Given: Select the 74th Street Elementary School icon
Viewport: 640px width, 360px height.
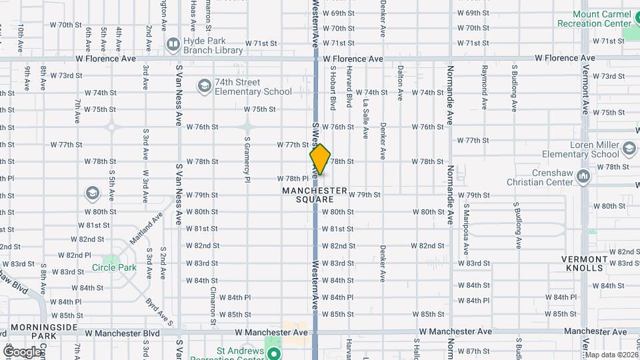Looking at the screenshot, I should click(204, 86).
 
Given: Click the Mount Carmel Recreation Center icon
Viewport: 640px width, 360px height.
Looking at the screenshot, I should click(627, 17).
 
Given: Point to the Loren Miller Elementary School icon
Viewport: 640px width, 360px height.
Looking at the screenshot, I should click(627, 147).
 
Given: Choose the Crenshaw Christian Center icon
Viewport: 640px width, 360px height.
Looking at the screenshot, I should click(583, 177).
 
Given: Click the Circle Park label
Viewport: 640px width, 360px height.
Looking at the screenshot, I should click(114, 268).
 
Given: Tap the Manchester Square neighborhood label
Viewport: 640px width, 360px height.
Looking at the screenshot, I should click(315, 195).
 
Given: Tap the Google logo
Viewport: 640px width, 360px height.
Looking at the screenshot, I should click(22, 352).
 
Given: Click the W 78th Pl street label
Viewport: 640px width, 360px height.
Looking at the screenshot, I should click(293, 179).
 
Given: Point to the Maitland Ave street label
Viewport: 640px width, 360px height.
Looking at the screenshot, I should click(147, 227).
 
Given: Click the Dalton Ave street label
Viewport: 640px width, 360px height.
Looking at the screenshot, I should click(400, 83).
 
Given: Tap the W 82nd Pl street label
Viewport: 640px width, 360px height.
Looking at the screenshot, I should click(74, 255).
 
